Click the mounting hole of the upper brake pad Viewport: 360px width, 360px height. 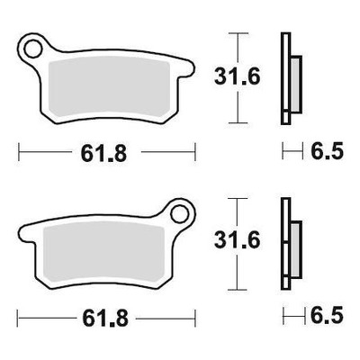(32, 49)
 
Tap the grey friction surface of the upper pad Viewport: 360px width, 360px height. (109, 87)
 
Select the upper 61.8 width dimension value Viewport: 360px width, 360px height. (103, 154)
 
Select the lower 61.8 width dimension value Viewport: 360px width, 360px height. (105, 319)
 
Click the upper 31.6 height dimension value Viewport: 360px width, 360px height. (237, 77)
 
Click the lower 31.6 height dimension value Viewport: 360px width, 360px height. (237, 240)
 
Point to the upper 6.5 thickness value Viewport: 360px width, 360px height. (327, 151)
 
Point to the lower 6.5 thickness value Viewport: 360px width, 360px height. (327, 315)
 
